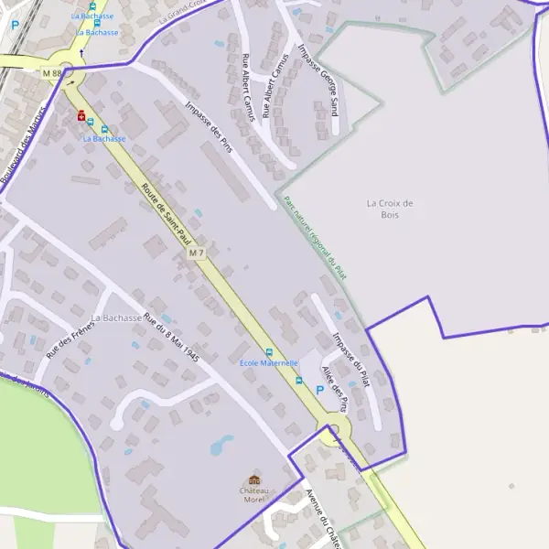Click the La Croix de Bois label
390,209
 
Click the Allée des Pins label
335,389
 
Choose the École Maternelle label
269,363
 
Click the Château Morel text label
254,495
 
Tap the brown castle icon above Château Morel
254,480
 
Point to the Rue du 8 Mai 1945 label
171,338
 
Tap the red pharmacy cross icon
82,116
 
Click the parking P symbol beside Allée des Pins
319,390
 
